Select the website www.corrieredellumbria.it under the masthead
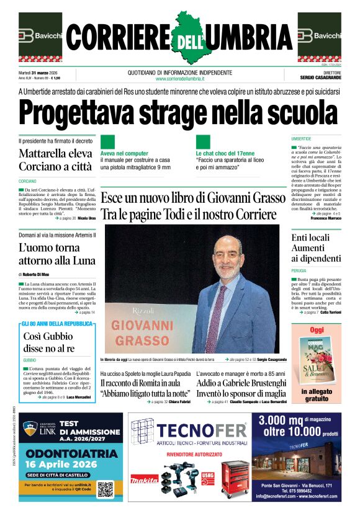[180, 79]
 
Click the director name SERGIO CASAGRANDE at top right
[320, 78]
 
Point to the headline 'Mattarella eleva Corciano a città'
[56, 159]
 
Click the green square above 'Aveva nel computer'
[107, 142]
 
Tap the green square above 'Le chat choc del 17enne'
[203, 142]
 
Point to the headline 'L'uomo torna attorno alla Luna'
[56, 254]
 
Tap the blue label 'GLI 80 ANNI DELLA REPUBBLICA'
[57, 324]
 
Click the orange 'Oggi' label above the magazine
[317, 330]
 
